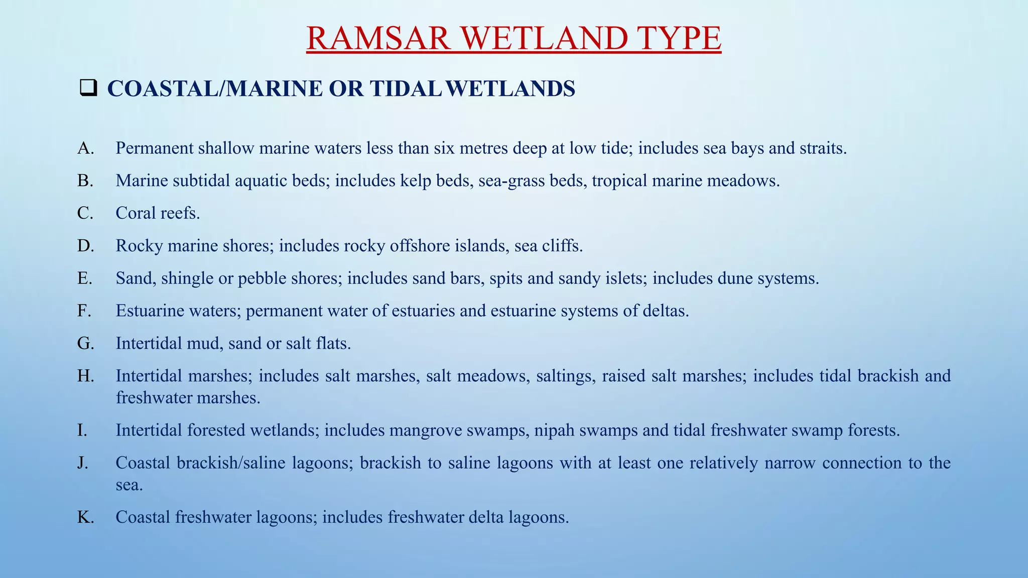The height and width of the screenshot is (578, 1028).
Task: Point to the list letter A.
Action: click(85, 148)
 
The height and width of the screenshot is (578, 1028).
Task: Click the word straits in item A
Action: click(822, 148)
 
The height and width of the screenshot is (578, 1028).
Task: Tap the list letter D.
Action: click(85, 246)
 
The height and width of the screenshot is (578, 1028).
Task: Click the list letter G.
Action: click(85, 344)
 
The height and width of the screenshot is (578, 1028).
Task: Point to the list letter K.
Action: click(85, 517)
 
